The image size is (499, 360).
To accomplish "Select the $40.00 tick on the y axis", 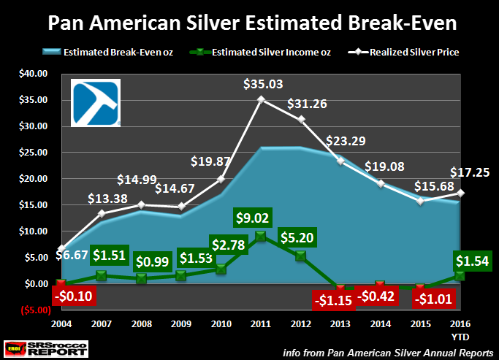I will pos(31,74).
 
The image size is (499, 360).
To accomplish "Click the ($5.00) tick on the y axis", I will pos(31,310).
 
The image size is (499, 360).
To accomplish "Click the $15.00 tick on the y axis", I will pos(31,205).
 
